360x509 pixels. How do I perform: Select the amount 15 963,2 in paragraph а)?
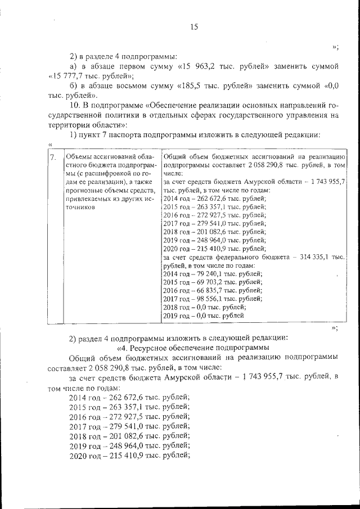pos(200,66)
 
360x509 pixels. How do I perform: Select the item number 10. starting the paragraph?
pos(74,105)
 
